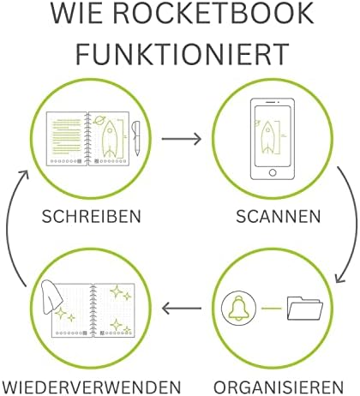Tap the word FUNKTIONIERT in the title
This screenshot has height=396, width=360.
coord(183,54)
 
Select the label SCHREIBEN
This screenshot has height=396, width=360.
coord(92,216)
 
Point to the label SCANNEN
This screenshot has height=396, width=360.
coord(278,216)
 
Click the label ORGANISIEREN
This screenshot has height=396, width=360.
coord(279,387)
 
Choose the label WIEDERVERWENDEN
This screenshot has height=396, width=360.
coord(91,387)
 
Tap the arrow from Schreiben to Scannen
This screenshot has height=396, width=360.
coord(182,139)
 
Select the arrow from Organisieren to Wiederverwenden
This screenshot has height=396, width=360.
coord(182,308)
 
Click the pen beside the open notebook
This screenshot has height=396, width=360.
coord(136,138)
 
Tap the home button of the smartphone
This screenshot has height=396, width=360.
coord(273,172)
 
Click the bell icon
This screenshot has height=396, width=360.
coord(239,308)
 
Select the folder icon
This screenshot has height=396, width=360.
coord(305,308)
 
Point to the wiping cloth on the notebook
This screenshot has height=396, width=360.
coord(51,297)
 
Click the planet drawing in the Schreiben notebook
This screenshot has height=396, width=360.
coord(99,120)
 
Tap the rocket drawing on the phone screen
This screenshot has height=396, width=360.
coord(267,136)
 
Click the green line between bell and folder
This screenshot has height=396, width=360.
coord(272,308)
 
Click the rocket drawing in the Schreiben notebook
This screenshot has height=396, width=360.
coord(110,139)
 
